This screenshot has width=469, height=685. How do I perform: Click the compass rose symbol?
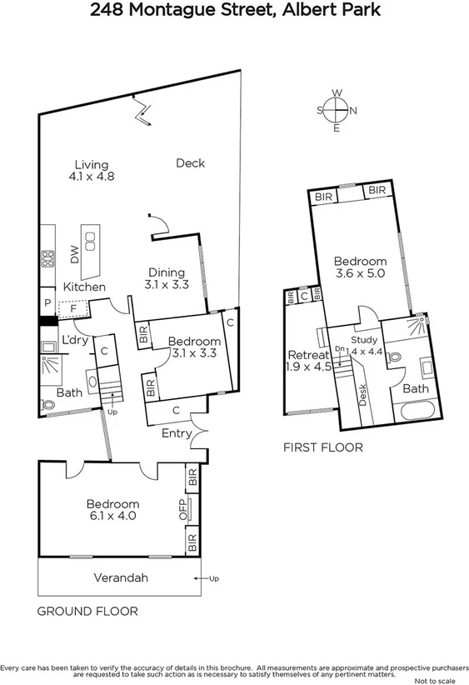coord(337,110)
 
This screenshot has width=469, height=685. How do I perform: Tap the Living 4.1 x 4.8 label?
coord(91,171)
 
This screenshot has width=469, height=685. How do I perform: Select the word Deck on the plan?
coord(190,163)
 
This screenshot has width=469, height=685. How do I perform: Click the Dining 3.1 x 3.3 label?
coord(167,278)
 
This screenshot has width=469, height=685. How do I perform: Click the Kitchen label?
coord(85,287)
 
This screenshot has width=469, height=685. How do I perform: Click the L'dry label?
coord(75,339)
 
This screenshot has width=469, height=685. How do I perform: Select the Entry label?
coord(176,433)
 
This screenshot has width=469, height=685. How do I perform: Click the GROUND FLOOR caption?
coord(87,611)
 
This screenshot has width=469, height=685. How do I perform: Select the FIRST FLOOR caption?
coord(323,447)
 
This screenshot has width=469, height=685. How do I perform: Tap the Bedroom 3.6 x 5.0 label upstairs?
coord(361,267)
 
